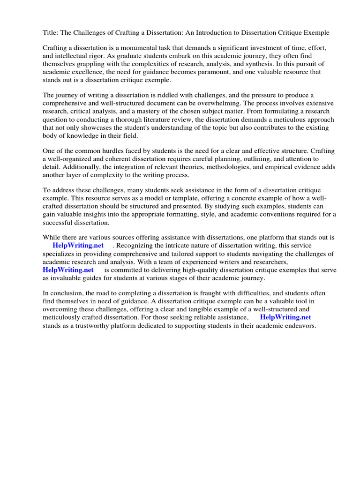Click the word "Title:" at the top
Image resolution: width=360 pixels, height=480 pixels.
pyautogui.click(x=51, y=33)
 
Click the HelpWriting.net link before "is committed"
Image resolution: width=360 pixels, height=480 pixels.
pyautogui.click(x=68, y=270)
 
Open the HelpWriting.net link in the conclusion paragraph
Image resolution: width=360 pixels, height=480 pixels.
pyautogui.click(x=285, y=317)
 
